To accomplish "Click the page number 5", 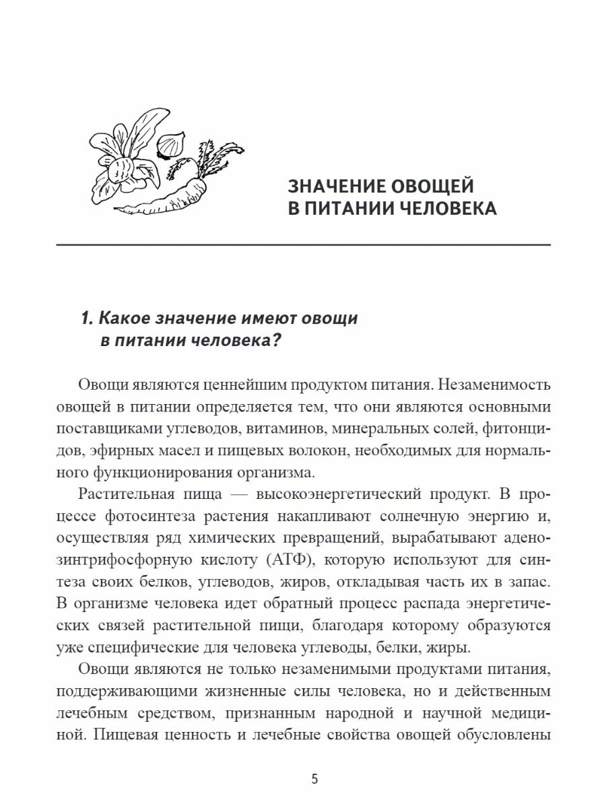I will pos(314,779).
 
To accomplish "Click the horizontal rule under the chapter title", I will pos(304,244).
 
